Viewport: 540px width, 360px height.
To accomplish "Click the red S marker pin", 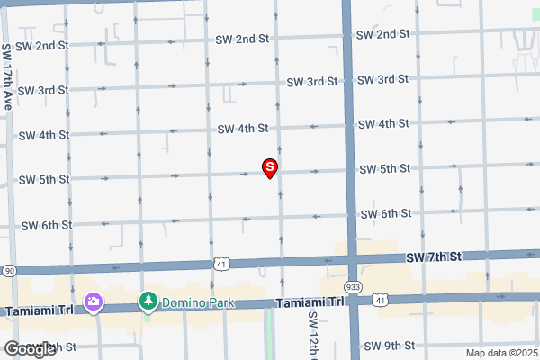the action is (x=269, y=167).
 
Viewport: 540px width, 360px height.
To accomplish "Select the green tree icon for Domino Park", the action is (x=148, y=301).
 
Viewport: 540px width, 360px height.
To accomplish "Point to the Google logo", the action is (x=29, y=348).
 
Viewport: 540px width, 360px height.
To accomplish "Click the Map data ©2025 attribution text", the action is (x=500, y=353).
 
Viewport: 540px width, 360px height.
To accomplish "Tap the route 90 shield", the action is (x=8, y=270).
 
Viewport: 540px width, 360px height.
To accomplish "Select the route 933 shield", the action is (x=354, y=285).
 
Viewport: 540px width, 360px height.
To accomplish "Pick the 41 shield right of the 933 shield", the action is (x=381, y=298).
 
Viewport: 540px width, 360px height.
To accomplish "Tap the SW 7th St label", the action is (x=433, y=257).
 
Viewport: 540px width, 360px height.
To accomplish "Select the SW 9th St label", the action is (x=388, y=345).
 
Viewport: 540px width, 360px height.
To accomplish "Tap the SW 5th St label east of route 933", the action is (x=384, y=169).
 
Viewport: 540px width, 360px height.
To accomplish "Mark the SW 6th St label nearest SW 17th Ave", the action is (x=46, y=225).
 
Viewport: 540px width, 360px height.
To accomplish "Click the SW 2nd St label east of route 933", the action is (x=382, y=34).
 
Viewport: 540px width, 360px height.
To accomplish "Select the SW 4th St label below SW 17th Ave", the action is (x=42, y=135).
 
